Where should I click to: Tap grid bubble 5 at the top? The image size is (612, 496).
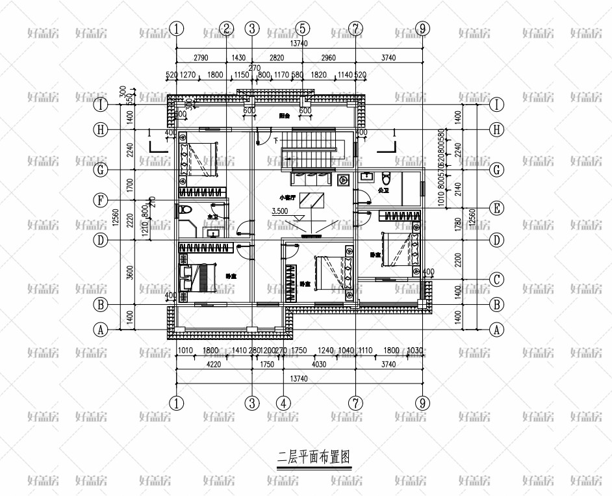302,29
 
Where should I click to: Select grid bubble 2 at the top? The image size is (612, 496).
226,29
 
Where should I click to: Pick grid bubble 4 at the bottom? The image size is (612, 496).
283,403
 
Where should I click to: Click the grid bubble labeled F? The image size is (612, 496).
101,200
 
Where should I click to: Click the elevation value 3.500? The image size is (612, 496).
279,211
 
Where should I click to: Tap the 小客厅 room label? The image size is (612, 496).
287,197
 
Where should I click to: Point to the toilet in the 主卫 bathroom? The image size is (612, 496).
185,210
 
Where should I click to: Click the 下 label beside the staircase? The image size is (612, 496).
275,140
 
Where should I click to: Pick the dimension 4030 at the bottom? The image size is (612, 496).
318,365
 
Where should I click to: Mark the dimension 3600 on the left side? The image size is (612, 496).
129,272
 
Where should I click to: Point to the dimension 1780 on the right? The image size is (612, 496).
457,224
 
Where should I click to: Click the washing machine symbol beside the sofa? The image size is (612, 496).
344,179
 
